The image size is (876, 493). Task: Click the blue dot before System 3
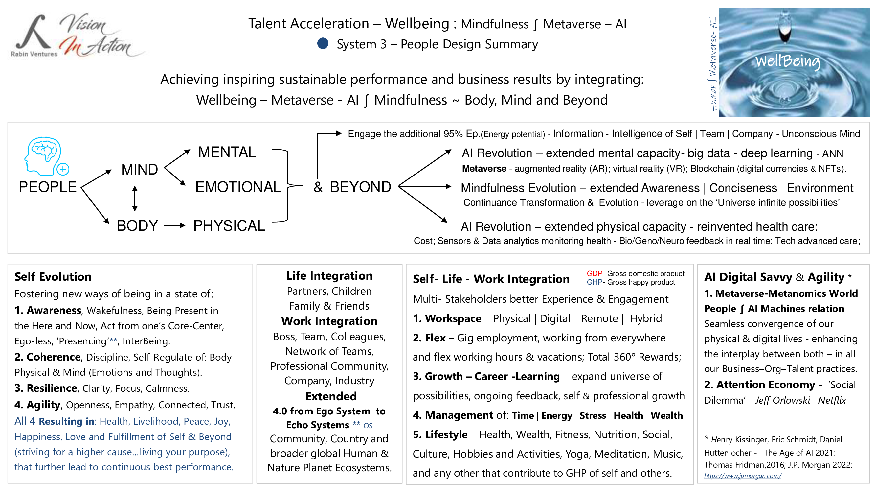(323, 44)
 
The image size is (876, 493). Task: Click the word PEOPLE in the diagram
(48, 187)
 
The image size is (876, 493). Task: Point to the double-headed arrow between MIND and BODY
(135, 199)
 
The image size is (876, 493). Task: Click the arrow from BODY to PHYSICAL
(174, 225)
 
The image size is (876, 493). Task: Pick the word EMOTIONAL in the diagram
(238, 187)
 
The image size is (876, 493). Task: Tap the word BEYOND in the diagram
(360, 187)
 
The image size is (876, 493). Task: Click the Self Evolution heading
(53, 277)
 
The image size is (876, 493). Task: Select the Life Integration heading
(329, 276)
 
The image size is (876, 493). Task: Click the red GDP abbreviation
(595, 273)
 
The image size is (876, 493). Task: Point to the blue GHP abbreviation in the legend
(595, 282)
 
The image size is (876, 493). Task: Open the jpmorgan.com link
(742, 476)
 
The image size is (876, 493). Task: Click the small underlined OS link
(368, 426)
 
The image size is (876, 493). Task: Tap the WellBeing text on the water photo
(788, 61)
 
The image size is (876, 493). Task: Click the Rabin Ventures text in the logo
(34, 54)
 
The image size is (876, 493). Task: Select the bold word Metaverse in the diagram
(484, 169)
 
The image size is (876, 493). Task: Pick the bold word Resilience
(52, 388)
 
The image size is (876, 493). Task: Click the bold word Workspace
(453, 318)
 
